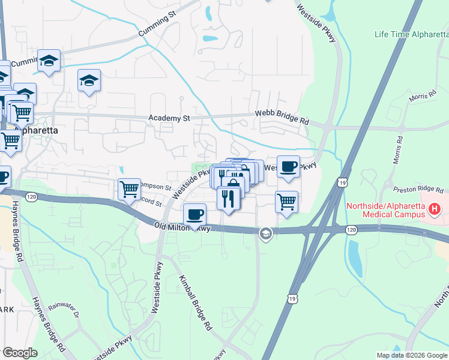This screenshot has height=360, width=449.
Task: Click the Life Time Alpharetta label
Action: [x=411, y=34]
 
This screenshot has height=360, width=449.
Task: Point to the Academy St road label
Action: [x=165, y=119]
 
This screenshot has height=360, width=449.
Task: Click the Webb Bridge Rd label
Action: [x=282, y=117]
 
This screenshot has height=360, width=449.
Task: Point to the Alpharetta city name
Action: [x=37, y=130]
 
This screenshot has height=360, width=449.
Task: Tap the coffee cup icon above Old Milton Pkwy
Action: [x=194, y=214]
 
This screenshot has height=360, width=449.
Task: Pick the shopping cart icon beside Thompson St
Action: [x=129, y=189]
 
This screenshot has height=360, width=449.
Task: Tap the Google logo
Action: [x=20, y=353]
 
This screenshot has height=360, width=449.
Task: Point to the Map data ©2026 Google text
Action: [x=411, y=355]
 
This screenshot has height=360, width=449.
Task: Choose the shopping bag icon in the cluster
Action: [x=235, y=182]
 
